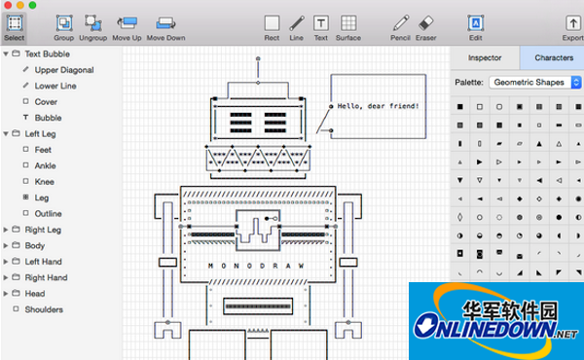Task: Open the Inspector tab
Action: [x=485, y=58]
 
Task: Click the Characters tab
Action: [x=553, y=58]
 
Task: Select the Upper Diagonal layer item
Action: [x=65, y=70]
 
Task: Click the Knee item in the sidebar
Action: [x=46, y=181]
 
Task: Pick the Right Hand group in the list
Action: [x=46, y=277]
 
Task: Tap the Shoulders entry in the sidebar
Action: [x=44, y=309]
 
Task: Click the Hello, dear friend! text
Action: [x=379, y=104]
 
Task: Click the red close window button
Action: [x=8, y=5]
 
